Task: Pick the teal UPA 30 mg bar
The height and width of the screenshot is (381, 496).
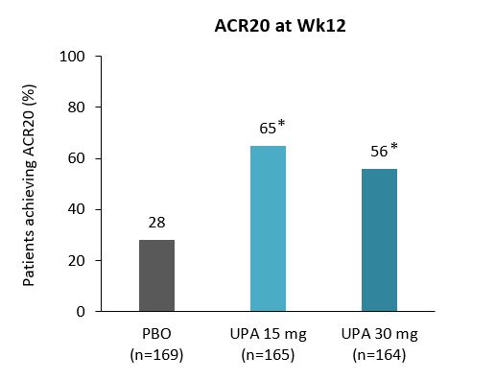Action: (379, 240)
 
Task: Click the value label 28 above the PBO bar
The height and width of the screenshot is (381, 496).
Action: (157, 223)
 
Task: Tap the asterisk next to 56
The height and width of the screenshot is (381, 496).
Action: (393, 149)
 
